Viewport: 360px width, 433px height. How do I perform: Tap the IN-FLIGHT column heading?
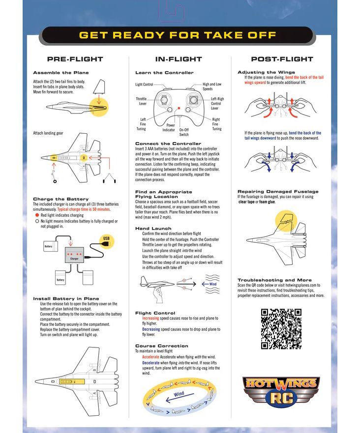pyautogui.click(x=179, y=59)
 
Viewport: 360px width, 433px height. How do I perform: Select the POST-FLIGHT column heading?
pyautogui.click(x=282, y=59)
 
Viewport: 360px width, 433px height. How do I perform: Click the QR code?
pyautogui.click(x=281, y=329)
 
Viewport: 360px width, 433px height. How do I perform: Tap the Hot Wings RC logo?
pyautogui.click(x=281, y=390)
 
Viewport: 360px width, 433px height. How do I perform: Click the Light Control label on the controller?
pyautogui.click(x=144, y=85)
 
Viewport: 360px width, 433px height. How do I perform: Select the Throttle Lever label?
pyautogui.click(x=141, y=101)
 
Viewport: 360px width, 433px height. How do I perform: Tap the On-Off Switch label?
pyautogui.click(x=184, y=132)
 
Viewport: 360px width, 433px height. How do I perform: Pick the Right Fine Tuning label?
pyautogui.click(x=216, y=124)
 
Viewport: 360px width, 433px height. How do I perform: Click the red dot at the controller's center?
pyautogui.click(x=179, y=108)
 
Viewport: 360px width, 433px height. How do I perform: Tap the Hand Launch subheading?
pyautogui.click(x=153, y=229)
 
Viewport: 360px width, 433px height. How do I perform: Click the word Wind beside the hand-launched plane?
pyautogui.click(x=212, y=284)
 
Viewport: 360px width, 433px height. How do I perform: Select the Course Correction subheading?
pyautogui.click(x=162, y=346)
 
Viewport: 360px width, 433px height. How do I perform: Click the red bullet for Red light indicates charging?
pyautogui.click(x=37, y=215)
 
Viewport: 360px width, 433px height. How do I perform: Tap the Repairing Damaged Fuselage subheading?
pyautogui.click(x=278, y=191)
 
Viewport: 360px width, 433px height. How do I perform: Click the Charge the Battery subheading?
pyautogui.click(x=54, y=199)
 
